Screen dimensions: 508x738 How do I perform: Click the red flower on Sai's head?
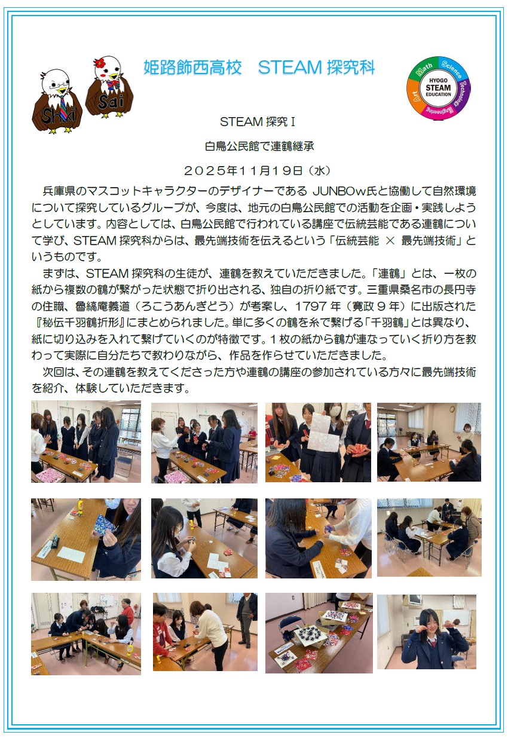tap(99, 62)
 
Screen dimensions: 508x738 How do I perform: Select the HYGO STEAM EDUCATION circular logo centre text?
tap(438, 88)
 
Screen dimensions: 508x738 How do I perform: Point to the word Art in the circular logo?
tap(414, 97)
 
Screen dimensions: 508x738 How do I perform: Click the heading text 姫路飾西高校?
tap(192, 68)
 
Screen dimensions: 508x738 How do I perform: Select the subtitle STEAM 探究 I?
tap(258, 122)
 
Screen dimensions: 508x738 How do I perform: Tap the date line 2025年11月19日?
tap(243, 170)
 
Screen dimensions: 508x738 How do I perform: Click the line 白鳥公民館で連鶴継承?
tap(259, 146)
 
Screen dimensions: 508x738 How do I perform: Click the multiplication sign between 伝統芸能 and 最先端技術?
tap(390, 241)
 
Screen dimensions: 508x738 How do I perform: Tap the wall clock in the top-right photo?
tap(452, 409)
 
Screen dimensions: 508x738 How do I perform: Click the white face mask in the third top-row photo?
tap(335, 412)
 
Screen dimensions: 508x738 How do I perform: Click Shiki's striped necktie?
tap(64, 108)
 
